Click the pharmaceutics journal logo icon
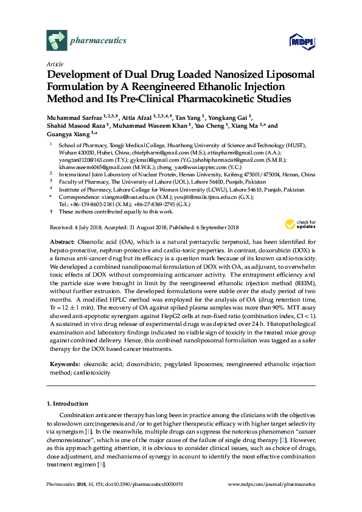(56, 41)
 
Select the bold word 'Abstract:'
(63, 242)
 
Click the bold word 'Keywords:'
(65, 364)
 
